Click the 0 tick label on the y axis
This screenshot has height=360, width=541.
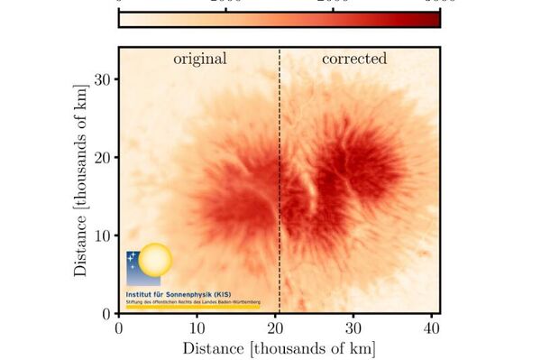[105, 313]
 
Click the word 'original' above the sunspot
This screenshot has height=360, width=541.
[200, 60]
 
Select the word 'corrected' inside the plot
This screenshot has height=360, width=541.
[354, 60]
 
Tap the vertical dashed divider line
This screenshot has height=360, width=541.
[280, 180]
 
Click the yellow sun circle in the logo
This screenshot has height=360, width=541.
[154, 260]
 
